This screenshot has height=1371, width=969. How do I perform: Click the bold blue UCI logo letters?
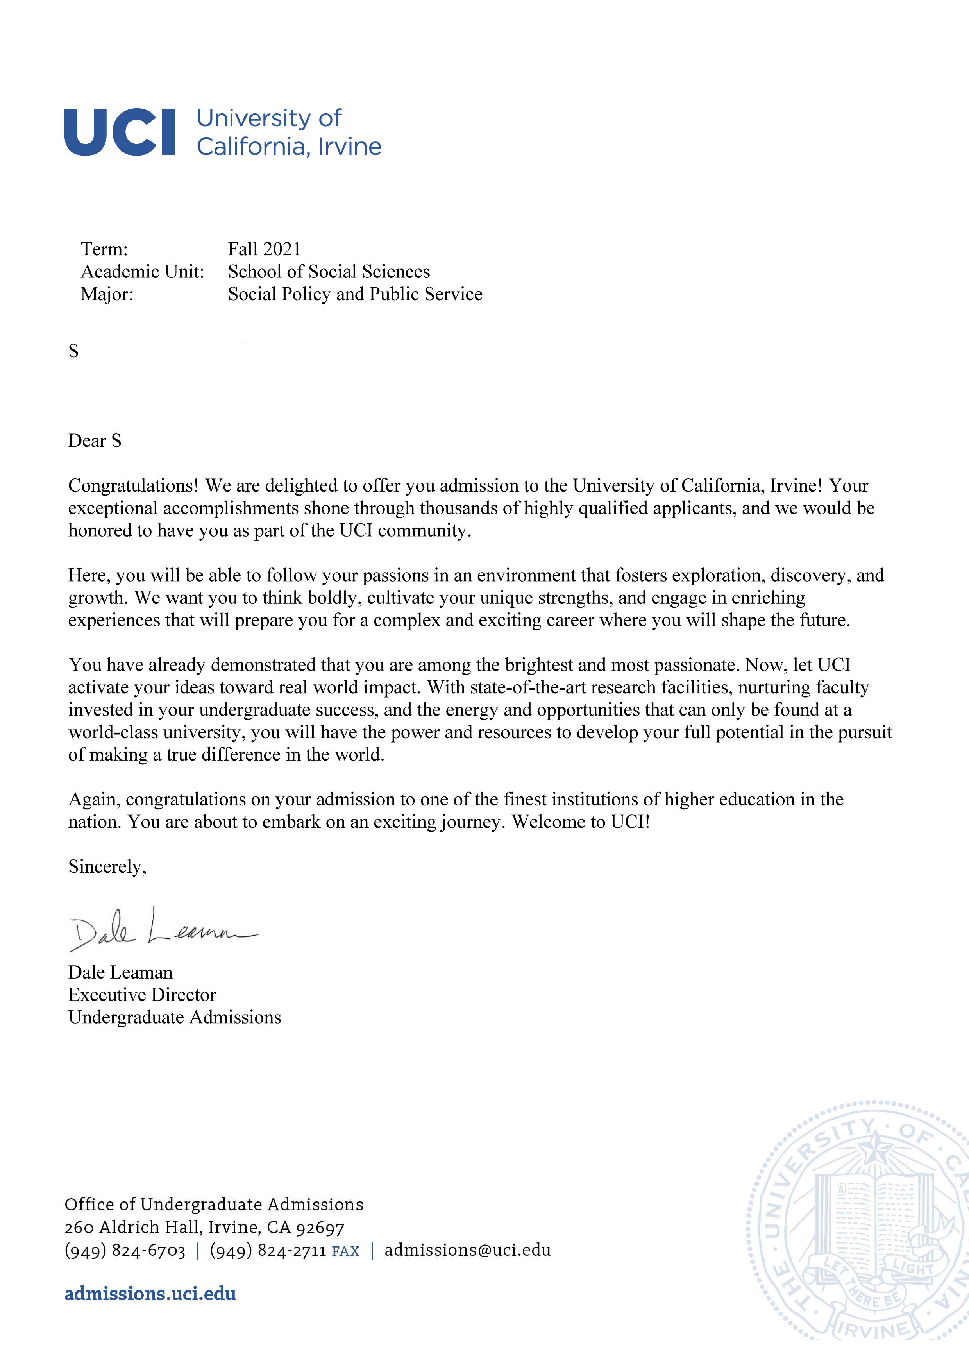point(120,132)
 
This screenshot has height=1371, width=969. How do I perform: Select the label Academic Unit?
point(142,272)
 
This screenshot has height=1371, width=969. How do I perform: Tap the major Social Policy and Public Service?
point(355,294)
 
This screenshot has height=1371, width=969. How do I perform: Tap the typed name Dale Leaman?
point(120,972)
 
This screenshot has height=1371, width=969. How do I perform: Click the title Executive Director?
point(142,995)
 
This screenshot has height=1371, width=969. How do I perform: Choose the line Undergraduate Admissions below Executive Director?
point(174,1017)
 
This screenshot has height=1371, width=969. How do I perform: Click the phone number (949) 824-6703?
point(125,1250)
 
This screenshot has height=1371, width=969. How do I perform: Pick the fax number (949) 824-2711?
point(268,1250)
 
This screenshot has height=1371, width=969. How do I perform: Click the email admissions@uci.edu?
point(467,1250)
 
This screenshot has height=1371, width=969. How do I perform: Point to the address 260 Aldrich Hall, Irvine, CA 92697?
point(204,1228)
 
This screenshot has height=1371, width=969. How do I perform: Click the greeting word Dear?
point(87,441)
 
